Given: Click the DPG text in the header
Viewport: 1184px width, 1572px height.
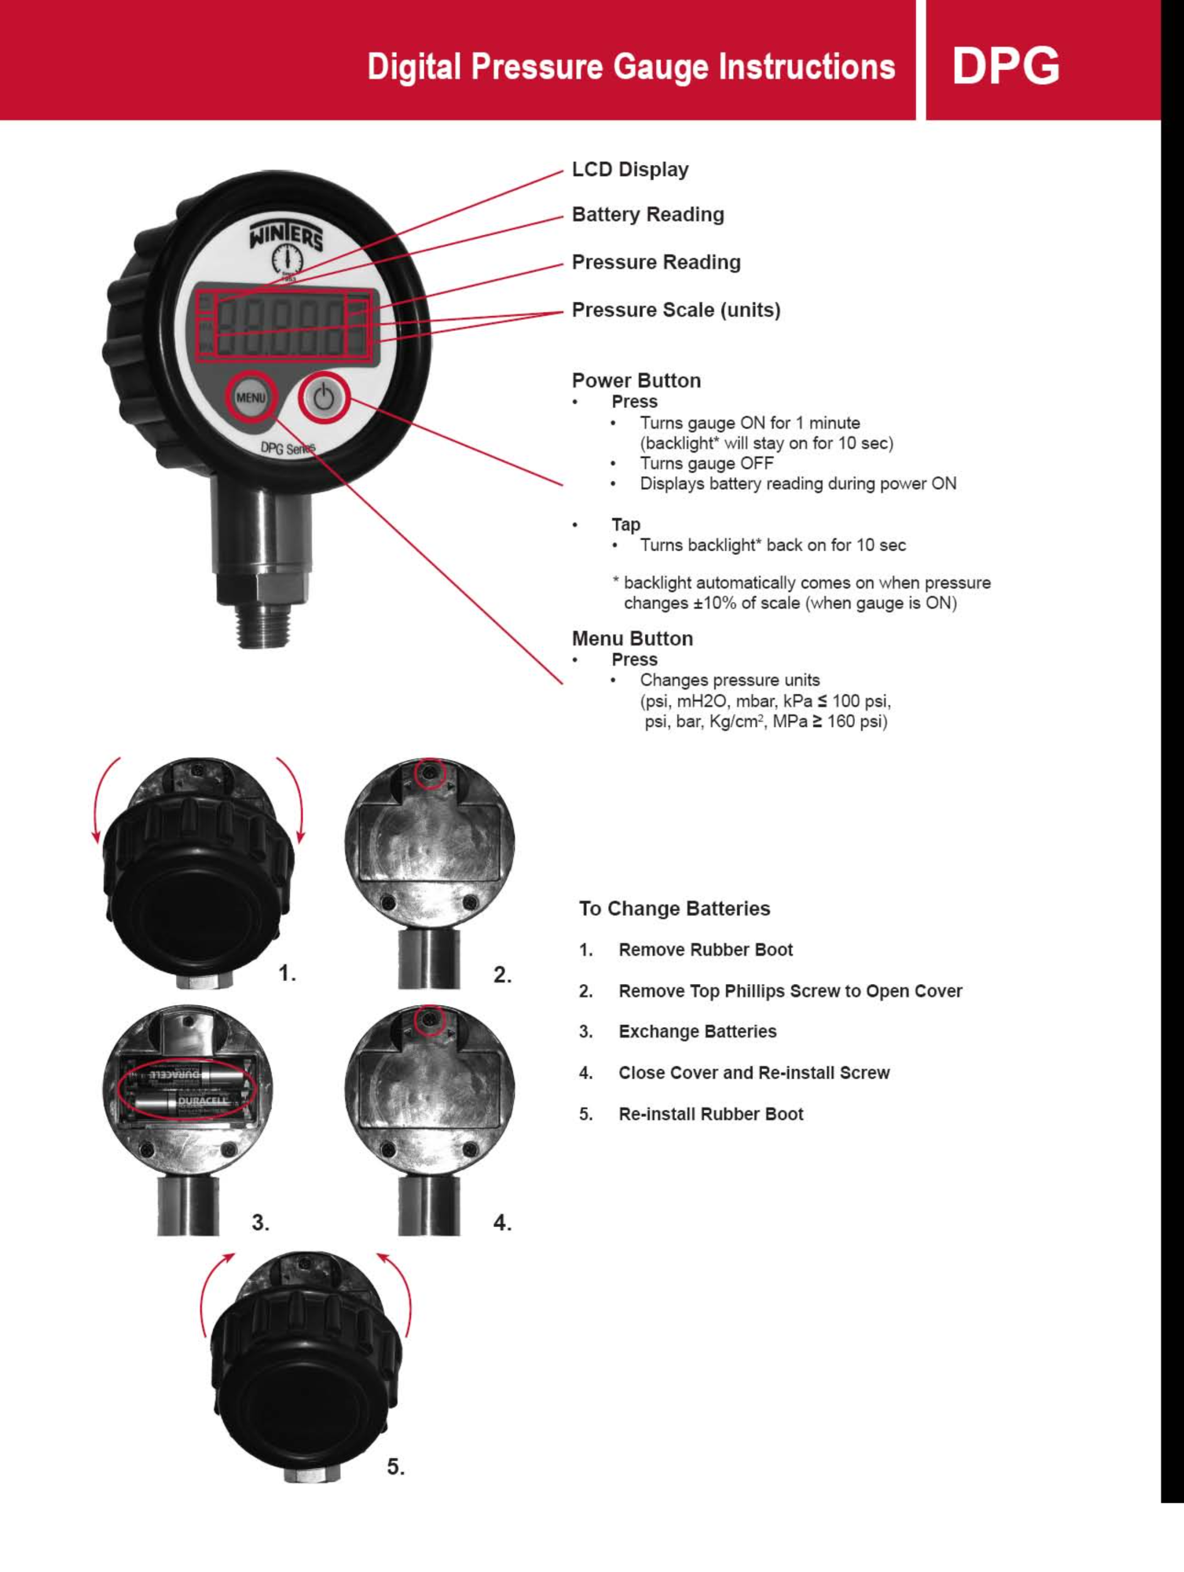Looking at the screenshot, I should click(x=1005, y=65).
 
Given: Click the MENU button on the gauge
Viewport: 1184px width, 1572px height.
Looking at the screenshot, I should click(x=251, y=398).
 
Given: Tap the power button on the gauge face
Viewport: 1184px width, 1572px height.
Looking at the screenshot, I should click(x=324, y=399).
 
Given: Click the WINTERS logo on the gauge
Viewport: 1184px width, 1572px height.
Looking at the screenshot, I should click(x=286, y=235).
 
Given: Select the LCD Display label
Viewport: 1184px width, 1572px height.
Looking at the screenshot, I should click(x=630, y=170).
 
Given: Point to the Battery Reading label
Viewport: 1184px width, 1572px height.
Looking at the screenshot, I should click(x=647, y=215).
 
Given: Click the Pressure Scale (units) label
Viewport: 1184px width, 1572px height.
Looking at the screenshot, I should click(x=676, y=310).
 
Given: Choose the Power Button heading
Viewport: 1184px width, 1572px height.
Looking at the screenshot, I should click(x=636, y=380).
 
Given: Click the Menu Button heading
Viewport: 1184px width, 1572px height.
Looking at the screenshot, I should click(x=632, y=638).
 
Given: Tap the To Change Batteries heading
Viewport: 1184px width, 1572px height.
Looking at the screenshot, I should click(x=674, y=909).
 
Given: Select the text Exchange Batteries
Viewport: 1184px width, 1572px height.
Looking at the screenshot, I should click(x=697, y=1031).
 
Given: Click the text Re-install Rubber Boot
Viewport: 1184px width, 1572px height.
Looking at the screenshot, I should click(x=710, y=1114).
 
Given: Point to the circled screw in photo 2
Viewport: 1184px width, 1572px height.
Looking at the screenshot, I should click(x=429, y=773).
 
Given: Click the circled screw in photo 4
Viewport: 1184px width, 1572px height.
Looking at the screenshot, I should click(x=429, y=1020).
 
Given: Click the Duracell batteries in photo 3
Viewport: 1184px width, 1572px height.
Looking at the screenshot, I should click(x=187, y=1089).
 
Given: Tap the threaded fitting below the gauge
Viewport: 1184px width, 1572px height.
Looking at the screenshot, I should click(x=264, y=625).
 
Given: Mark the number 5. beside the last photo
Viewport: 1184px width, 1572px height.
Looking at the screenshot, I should click(x=395, y=1467).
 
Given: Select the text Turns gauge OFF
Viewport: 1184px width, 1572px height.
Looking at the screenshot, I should click(x=706, y=463).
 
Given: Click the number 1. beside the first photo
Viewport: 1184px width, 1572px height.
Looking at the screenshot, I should click(x=287, y=974).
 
